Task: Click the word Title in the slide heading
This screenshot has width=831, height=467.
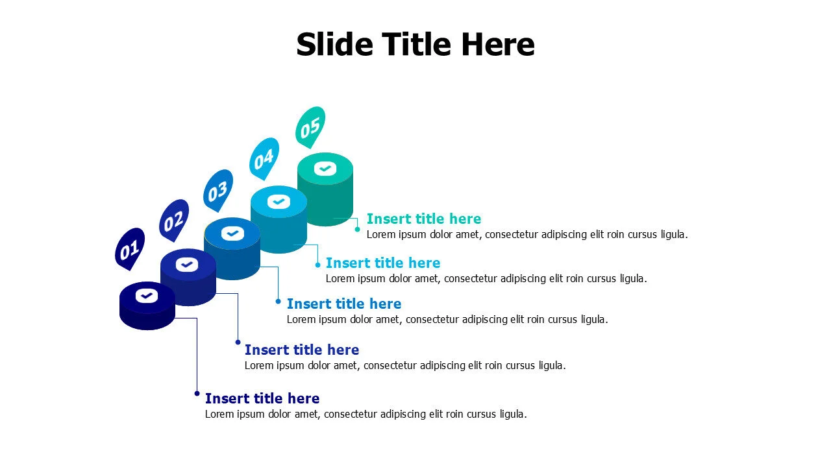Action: pos(417,44)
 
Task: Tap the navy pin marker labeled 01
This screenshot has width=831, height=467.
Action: pos(129,248)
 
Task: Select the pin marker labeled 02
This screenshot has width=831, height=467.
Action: pos(173,220)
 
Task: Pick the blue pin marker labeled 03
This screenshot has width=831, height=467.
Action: pos(218,191)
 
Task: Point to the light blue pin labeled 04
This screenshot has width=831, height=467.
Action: pos(264,159)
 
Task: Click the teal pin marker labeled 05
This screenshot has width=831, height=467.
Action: pos(310,128)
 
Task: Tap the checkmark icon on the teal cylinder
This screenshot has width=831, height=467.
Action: pos(325,169)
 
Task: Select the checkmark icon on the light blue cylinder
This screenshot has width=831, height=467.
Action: pos(279,202)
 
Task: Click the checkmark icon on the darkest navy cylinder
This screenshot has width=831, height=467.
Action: pos(147,296)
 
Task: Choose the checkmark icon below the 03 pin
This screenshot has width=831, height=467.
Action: pos(232,233)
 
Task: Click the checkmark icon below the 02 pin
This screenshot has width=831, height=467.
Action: pos(186,265)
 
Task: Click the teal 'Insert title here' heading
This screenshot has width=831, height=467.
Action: pos(424,219)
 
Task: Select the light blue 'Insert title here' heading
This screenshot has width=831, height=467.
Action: pos(383,263)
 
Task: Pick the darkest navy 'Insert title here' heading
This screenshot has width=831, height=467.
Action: pos(262,398)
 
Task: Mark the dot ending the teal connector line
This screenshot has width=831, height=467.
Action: pos(357,230)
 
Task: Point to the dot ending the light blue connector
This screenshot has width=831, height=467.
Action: pos(317,265)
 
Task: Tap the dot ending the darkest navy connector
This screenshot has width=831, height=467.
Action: pos(197,394)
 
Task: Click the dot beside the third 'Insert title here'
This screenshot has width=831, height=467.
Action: pos(278,302)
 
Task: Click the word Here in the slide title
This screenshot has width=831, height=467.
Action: pos(498,44)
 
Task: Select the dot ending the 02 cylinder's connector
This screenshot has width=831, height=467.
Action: pos(238,342)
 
